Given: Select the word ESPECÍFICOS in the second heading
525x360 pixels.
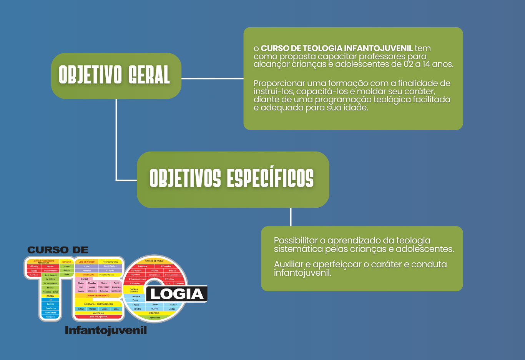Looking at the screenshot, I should (x=270, y=178).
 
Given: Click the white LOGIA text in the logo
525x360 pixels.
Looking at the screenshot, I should (x=177, y=294).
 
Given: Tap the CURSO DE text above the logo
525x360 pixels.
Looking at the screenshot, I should (x=58, y=250).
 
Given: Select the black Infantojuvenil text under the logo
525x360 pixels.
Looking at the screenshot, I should (x=106, y=330).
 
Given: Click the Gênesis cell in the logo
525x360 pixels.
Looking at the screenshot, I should (x=34, y=266).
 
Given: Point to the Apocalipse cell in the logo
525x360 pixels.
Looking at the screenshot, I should (x=155, y=318).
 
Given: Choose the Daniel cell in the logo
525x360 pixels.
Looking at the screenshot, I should (x=84, y=279).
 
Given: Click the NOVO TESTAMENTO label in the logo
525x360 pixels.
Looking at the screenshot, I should (x=98, y=295).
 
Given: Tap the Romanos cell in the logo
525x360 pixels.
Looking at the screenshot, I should (x=143, y=266).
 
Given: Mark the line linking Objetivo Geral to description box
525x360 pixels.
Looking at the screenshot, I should (x=212, y=78).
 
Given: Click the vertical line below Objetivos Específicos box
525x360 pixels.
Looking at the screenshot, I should (x=291, y=217).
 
